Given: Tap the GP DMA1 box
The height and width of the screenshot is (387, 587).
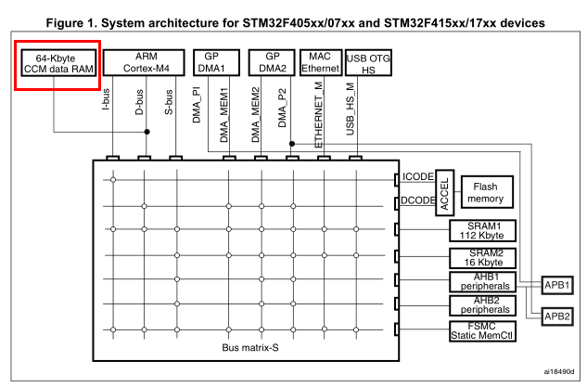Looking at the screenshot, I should click(x=212, y=62).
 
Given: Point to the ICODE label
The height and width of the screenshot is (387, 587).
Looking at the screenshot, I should click(x=417, y=176).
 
